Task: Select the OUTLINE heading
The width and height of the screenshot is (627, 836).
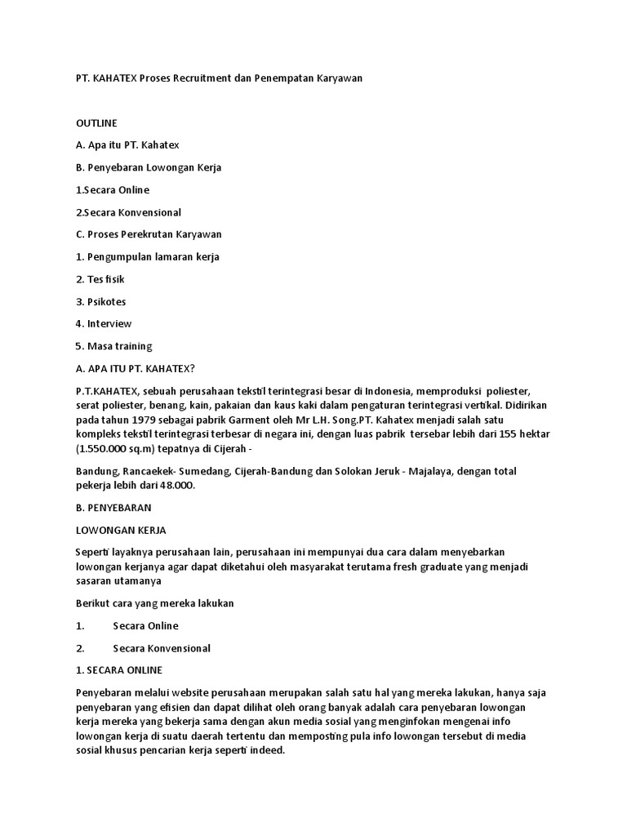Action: point(96,123)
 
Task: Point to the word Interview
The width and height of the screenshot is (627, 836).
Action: point(109,323)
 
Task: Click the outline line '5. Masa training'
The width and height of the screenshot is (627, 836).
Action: point(113,346)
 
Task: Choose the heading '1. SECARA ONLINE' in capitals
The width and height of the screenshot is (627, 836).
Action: point(119,670)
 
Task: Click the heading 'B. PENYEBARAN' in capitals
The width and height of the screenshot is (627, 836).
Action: point(113,508)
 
